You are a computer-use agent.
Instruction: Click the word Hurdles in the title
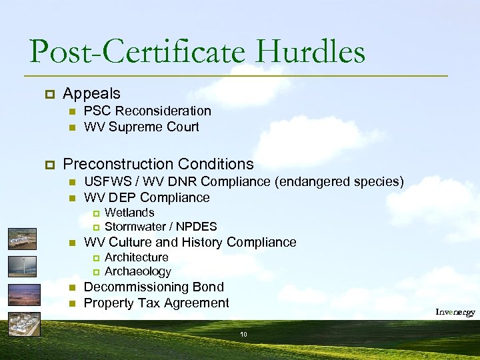click(x=313, y=51)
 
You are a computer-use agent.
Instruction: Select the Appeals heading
click(x=91, y=93)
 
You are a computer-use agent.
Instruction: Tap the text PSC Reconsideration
click(x=147, y=111)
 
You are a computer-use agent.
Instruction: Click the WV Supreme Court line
click(x=141, y=127)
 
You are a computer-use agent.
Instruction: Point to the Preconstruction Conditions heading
click(x=158, y=164)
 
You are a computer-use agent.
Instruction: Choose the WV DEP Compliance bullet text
click(x=147, y=197)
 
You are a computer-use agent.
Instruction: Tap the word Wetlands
click(x=129, y=213)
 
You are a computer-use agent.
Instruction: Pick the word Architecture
click(x=137, y=257)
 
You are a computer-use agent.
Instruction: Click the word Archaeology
click(x=138, y=271)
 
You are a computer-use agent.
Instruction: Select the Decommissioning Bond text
click(x=153, y=287)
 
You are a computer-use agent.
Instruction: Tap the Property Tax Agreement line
click(x=156, y=303)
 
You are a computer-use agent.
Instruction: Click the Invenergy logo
click(x=455, y=312)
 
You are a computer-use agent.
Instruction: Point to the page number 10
click(x=243, y=334)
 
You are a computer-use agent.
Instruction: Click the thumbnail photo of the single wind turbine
click(x=23, y=267)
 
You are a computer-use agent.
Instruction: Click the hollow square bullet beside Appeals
click(x=49, y=94)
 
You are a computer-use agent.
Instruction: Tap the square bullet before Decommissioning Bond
click(x=73, y=288)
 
